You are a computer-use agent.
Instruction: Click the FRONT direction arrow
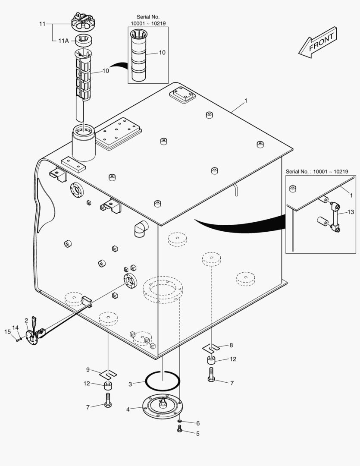tap(317, 42)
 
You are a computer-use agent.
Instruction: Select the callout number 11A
tap(63, 41)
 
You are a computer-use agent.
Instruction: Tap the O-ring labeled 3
tap(163, 381)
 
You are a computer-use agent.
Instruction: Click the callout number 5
tap(198, 434)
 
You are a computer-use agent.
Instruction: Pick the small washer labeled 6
tap(180, 421)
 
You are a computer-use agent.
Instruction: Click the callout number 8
tap(231, 345)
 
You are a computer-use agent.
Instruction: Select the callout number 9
tap(88, 369)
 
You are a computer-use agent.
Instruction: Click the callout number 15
tap(7, 331)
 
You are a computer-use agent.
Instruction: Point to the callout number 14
tap(15, 328)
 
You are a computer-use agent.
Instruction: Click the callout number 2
tap(26, 320)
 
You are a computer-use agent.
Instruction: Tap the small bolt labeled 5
tap(180, 428)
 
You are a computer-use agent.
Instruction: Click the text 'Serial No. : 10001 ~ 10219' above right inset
tap(317, 171)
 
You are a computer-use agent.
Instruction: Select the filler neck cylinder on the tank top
tap(84, 142)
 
